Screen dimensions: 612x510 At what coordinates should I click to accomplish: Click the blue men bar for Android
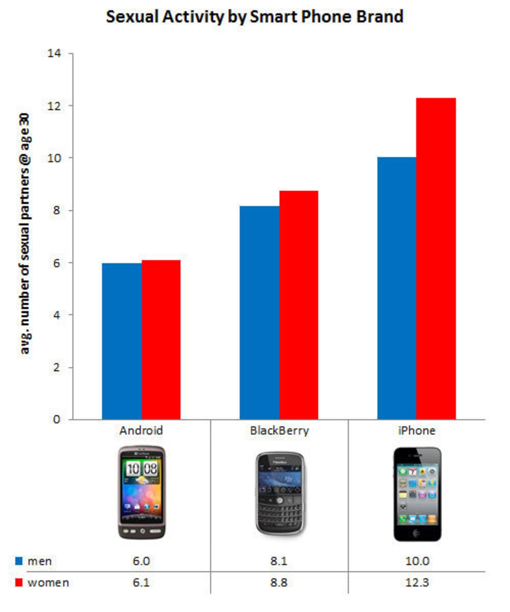coord(122,341)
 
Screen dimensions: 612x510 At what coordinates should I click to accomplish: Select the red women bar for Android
coord(161,340)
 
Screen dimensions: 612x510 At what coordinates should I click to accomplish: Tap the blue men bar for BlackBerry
coord(260,313)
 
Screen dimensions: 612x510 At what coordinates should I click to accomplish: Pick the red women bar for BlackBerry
coord(299,305)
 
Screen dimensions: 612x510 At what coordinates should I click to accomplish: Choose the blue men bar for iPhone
coord(397,288)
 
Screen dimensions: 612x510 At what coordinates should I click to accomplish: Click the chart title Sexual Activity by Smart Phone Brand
coord(255,17)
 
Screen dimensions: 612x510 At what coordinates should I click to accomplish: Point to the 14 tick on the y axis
coord(54,53)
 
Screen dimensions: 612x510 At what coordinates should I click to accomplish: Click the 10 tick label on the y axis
coord(54,158)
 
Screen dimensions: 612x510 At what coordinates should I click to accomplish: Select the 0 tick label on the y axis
coord(57,420)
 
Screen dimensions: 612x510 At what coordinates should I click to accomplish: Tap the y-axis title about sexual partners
coord(24,234)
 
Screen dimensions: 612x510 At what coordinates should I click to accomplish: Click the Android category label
coord(141,431)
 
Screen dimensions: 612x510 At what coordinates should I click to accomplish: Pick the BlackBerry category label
coord(279,431)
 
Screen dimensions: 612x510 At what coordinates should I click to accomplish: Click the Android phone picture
coord(142,493)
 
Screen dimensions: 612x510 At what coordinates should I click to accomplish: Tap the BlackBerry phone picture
coord(280,494)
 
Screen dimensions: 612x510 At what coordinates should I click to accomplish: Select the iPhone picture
coord(417,494)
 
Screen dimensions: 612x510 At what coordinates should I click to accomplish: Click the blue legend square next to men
coord(19,561)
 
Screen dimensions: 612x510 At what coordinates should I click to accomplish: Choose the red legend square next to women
coord(19,582)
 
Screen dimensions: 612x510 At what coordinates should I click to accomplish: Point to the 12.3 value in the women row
coord(417,582)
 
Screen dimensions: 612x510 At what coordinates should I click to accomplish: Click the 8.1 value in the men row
coord(279,561)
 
